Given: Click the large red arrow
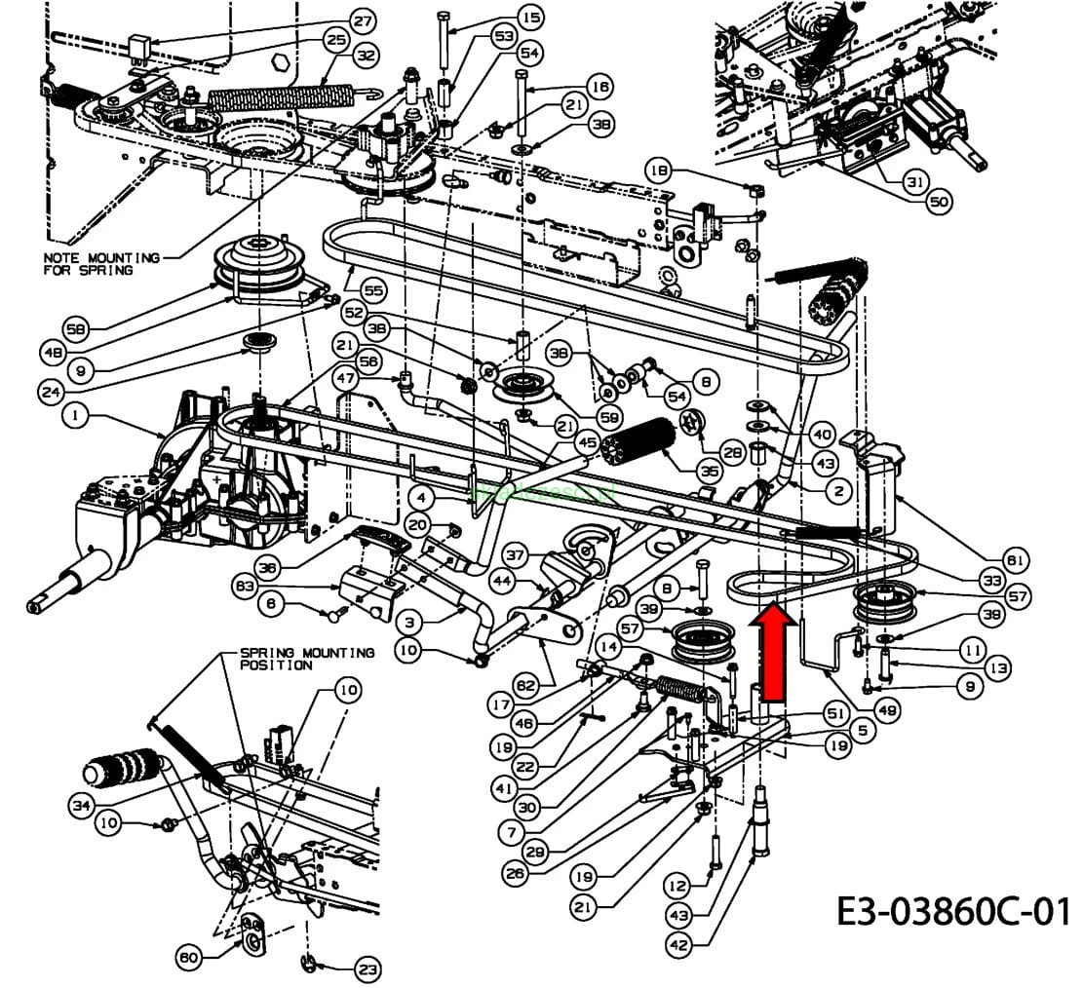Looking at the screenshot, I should [x=774, y=651].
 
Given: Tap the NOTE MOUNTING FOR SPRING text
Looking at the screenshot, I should [x=101, y=263].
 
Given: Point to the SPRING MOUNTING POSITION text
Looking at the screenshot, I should [x=306, y=658].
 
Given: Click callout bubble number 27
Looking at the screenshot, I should [x=363, y=20].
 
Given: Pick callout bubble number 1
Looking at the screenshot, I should [x=75, y=416].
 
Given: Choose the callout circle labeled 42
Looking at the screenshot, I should [x=679, y=943].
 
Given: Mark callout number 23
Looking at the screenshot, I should [x=367, y=969].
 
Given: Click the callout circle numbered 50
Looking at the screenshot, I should [x=938, y=201].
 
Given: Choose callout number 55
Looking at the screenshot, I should [x=373, y=289].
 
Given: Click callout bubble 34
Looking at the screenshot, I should [x=83, y=805].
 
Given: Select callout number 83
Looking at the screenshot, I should [x=246, y=586].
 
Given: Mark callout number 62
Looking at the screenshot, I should [x=527, y=686].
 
